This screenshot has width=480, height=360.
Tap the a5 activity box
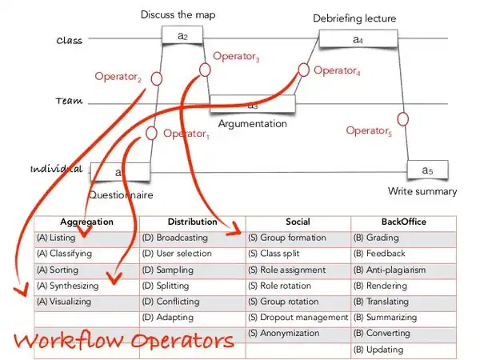(426, 170)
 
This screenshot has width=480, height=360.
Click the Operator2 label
(118, 77)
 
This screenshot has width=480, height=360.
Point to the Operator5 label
(369, 131)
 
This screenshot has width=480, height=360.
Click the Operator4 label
(337, 71)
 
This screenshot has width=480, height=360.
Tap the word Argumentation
(252, 124)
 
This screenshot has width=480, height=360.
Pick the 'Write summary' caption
(422, 191)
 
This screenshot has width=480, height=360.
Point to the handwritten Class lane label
(71, 40)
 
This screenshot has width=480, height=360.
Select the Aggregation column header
(86, 222)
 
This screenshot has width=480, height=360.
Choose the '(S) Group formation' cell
(287, 238)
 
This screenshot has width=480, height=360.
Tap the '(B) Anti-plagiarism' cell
(390, 270)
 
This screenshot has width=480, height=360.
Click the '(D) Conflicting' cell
(170, 302)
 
